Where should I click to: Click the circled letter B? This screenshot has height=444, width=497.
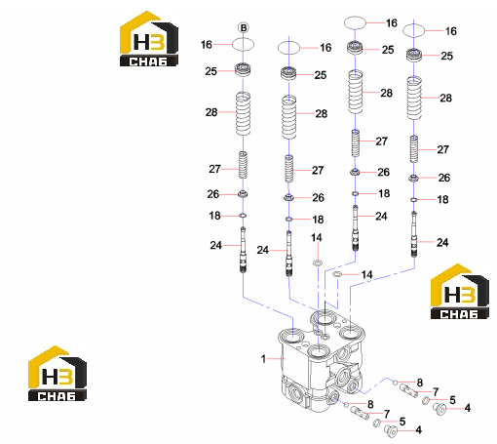tap(244, 28)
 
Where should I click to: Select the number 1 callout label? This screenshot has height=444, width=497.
tap(263, 359)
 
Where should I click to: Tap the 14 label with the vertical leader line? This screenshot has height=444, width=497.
tap(317, 238)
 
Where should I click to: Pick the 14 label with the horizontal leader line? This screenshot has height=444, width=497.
tap(367, 275)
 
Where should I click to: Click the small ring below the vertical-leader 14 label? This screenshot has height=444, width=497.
tap(318, 262)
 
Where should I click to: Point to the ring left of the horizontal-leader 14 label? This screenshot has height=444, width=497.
tap(337, 275)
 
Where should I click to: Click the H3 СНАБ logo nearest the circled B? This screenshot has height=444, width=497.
tap(149, 39)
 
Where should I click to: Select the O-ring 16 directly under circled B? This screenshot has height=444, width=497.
tap(243, 45)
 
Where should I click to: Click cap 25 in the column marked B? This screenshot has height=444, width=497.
tap(243, 69)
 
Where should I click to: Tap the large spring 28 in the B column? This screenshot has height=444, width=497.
tap(243, 114)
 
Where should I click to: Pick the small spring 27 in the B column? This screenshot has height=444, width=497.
tap(243, 165)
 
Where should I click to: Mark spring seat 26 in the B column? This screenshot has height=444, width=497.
tap(243, 194)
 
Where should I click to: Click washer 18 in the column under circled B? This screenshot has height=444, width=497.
tap(243, 216)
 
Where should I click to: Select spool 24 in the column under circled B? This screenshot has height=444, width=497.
tap(243, 250)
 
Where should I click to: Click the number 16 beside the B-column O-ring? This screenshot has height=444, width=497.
tap(207, 45)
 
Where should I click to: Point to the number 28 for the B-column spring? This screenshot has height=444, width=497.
tap(211, 112)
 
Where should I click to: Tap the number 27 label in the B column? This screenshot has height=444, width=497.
tap(214, 169)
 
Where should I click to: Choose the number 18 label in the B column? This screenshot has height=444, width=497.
tap(214, 216)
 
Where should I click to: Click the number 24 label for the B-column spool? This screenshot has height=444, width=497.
tap(216, 245)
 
